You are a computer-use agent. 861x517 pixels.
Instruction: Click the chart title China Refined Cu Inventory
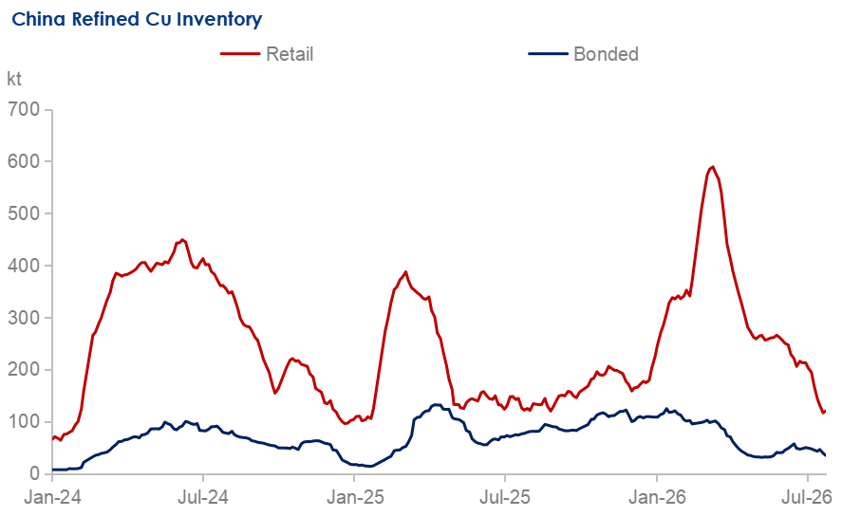tap(137, 19)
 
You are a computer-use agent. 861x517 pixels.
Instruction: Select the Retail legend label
tap(290, 54)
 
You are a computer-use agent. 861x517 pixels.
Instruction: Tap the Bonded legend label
tap(606, 54)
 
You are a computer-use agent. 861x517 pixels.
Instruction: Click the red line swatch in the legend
tap(240, 54)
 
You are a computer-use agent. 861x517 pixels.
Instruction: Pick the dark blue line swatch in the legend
tap(548, 54)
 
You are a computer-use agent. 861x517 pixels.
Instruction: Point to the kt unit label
tap(13, 79)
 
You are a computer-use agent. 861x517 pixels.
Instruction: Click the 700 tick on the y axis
tap(24, 109)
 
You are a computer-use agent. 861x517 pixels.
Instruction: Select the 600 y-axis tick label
tap(24, 161)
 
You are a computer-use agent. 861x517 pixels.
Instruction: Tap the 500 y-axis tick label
tap(24, 213)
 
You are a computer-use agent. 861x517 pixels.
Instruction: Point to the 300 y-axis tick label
tap(24, 318)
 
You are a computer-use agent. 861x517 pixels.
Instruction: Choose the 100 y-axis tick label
tap(24, 422)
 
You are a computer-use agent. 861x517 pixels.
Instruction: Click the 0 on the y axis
tap(35, 473)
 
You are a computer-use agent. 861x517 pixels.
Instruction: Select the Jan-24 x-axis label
tap(53, 497)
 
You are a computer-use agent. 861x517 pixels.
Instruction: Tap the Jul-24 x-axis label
tap(204, 497)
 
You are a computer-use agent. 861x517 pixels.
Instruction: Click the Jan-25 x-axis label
tap(355, 497)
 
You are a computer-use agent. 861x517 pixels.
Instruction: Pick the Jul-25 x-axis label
tap(505, 497)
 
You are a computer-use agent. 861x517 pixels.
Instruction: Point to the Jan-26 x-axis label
tap(657, 497)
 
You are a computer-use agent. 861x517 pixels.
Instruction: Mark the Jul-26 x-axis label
tap(807, 497)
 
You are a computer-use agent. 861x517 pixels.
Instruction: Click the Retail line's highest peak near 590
tap(712, 167)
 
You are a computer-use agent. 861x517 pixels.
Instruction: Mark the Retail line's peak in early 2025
tap(405, 271)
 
